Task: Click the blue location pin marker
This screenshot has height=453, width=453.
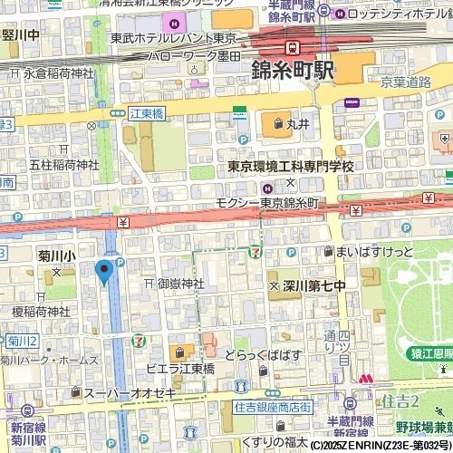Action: pyautogui.click(x=103, y=271)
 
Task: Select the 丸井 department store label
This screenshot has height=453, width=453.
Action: pyautogui.click(x=298, y=122)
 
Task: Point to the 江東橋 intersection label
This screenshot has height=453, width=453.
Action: pyautogui.click(x=145, y=113)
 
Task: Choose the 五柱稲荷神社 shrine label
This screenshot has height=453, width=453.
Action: pyautogui.click(x=63, y=165)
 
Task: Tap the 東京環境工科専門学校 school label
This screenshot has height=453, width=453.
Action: pyautogui.click(x=290, y=167)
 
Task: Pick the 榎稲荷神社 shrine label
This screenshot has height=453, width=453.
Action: pyautogui.click(x=41, y=311)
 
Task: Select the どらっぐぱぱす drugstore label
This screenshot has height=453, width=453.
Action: pyautogui.click(x=263, y=354)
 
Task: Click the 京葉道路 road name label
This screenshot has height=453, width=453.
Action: pyautogui.click(x=406, y=81)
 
